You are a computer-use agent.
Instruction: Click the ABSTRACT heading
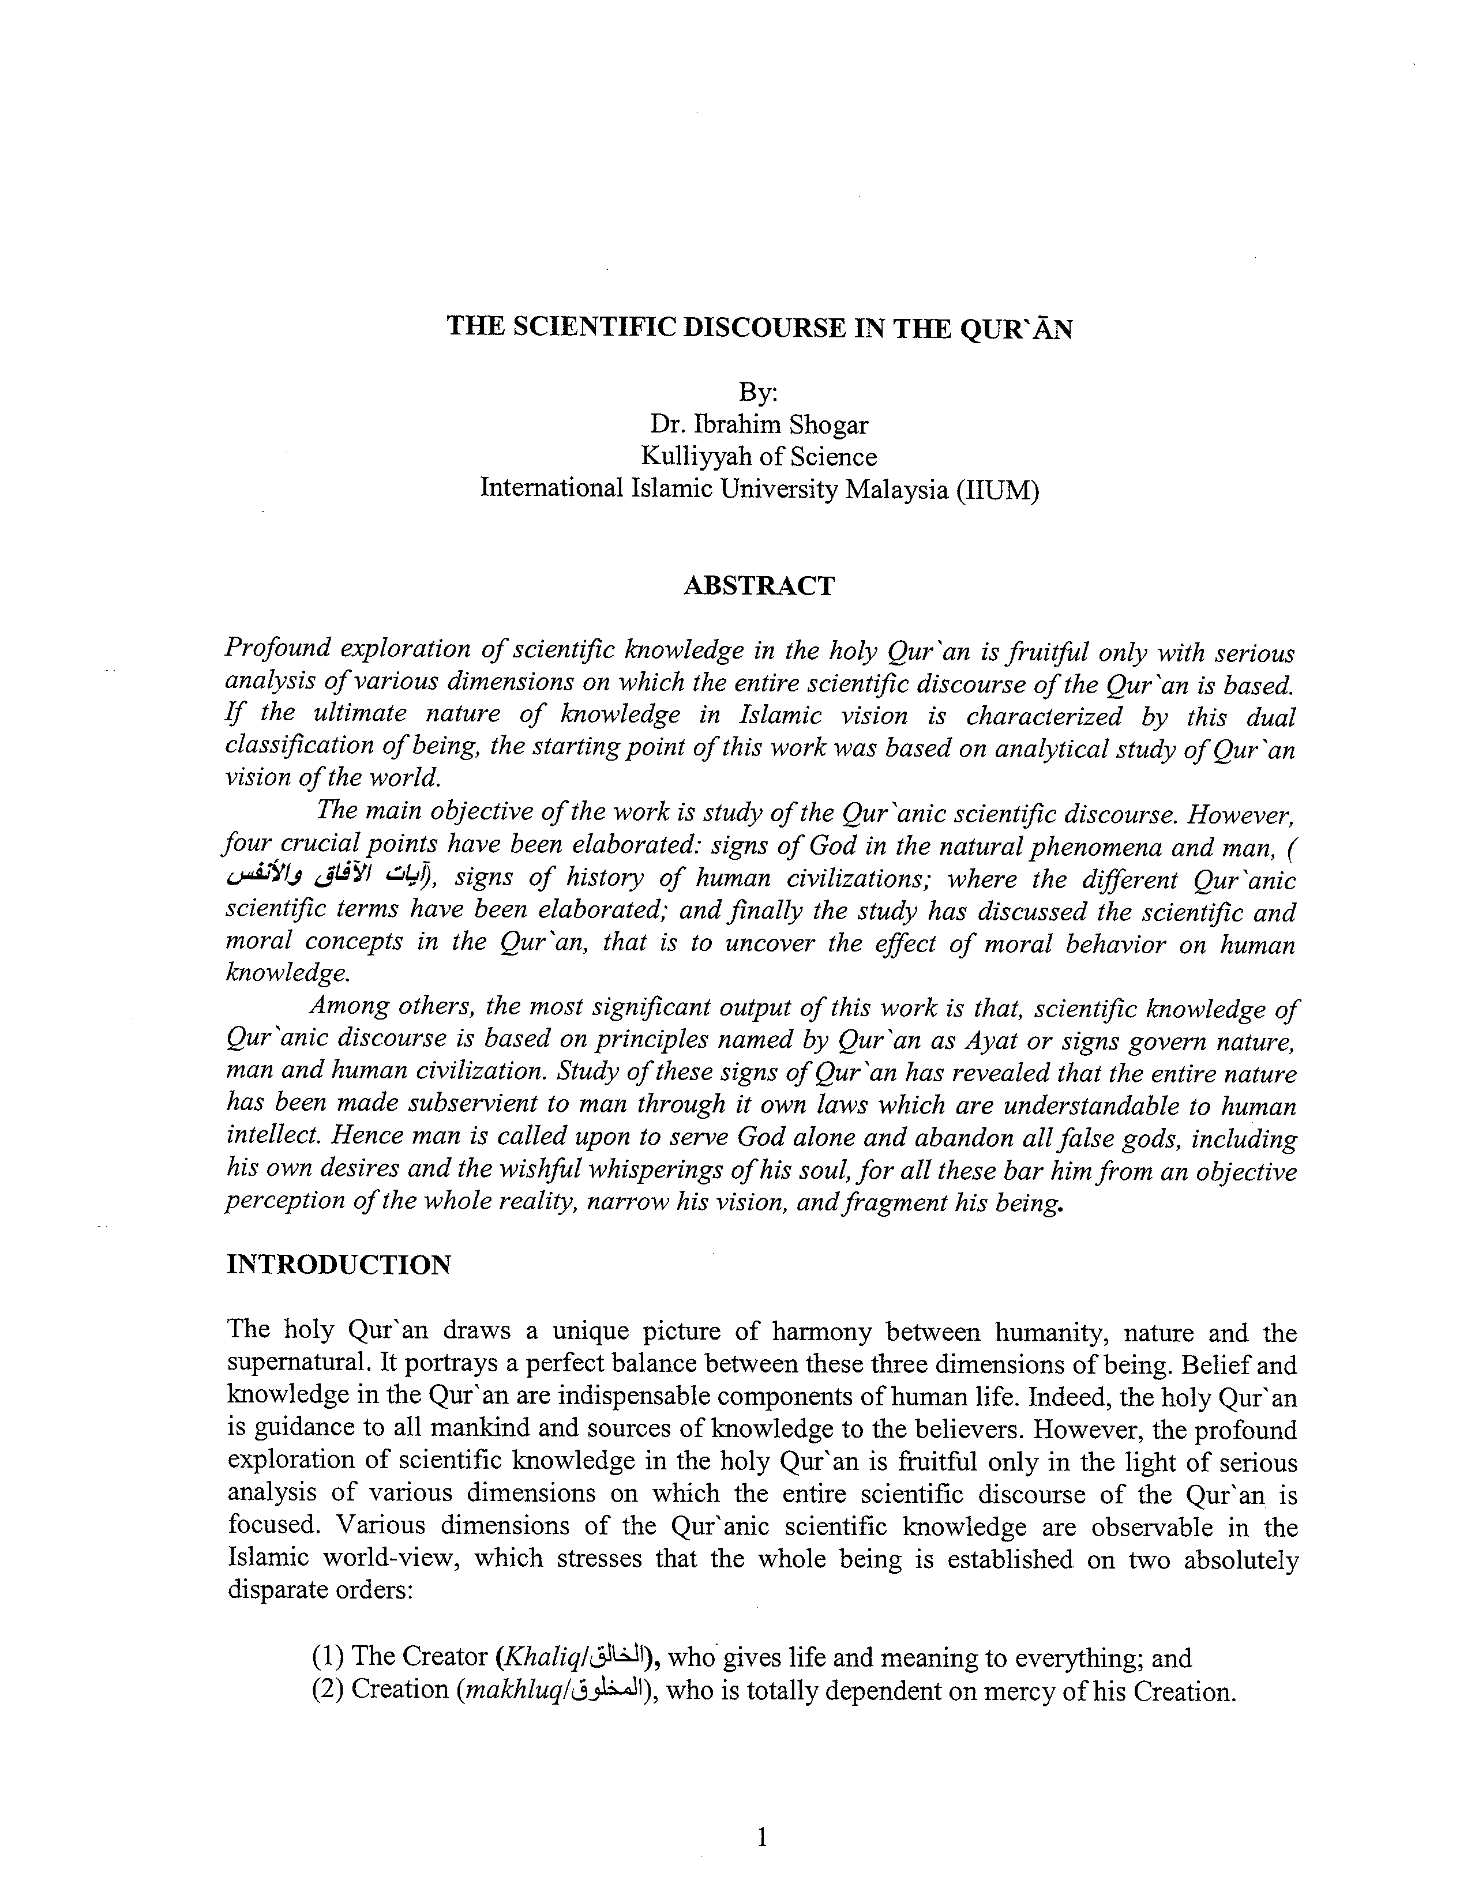[x=758, y=585]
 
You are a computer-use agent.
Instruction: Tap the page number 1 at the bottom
[x=761, y=1838]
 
